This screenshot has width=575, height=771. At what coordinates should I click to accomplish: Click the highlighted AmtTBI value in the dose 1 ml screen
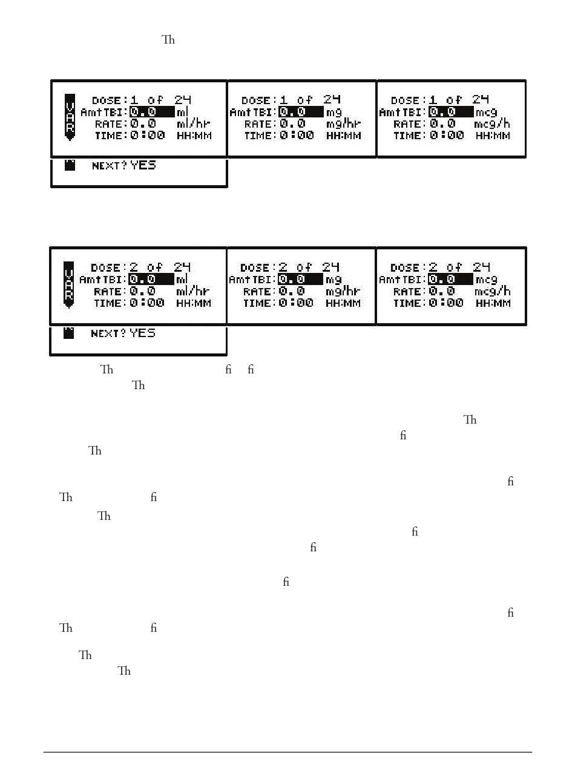(x=151, y=112)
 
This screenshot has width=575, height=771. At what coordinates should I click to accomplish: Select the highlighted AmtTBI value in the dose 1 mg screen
(x=301, y=112)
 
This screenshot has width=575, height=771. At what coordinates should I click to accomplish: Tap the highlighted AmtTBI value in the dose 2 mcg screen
(x=450, y=280)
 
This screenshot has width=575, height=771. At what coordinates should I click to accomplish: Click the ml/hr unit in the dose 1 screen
(x=194, y=124)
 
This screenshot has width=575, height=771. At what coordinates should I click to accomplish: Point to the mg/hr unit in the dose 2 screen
(x=343, y=292)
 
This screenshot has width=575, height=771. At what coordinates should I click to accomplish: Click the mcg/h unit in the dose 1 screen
(x=492, y=124)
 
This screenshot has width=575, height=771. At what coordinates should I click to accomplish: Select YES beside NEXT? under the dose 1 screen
(x=143, y=165)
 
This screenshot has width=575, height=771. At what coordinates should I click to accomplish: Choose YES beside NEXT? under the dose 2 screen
(x=142, y=333)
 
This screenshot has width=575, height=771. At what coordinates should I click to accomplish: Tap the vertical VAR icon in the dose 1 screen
(x=70, y=117)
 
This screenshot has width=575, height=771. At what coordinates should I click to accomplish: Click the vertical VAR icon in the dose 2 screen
(x=69, y=284)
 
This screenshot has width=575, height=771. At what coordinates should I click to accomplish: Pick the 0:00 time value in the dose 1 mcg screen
(x=447, y=136)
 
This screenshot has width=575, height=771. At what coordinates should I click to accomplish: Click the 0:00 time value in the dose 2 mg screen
(x=297, y=303)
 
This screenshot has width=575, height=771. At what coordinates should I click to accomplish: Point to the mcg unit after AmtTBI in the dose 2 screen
(x=486, y=280)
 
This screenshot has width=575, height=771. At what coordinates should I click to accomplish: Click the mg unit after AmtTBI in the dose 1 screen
(x=334, y=112)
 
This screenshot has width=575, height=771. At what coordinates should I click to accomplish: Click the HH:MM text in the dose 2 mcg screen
(x=493, y=303)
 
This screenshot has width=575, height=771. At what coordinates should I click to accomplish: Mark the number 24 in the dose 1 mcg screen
(x=481, y=100)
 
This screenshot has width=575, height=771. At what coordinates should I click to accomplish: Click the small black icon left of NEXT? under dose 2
(x=69, y=333)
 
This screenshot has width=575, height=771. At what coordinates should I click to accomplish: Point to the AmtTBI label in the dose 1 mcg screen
(x=402, y=113)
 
